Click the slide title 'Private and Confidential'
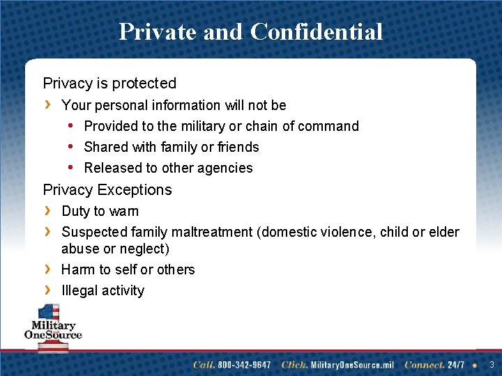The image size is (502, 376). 250,32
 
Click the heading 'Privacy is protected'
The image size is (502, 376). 109,84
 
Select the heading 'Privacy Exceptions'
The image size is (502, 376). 107,190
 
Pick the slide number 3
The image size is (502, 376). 492,365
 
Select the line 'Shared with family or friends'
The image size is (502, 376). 171,147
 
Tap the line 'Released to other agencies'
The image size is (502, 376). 168,168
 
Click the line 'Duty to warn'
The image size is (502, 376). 100,211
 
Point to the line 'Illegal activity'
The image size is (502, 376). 102,291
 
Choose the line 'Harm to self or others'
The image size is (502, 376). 128,269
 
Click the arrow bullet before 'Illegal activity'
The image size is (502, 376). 47,290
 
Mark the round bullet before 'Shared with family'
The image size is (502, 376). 71,147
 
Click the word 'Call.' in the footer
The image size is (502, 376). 204,365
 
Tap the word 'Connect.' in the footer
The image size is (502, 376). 424,365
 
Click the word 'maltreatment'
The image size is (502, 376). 212,232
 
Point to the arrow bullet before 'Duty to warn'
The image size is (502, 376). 47,210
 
